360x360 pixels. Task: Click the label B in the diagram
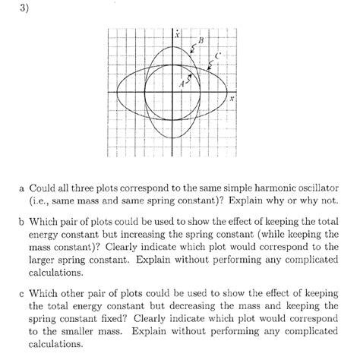coord(201,40)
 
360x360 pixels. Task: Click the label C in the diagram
coord(217,56)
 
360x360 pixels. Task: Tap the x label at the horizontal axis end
coord(232,99)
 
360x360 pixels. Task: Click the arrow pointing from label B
coord(192,49)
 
